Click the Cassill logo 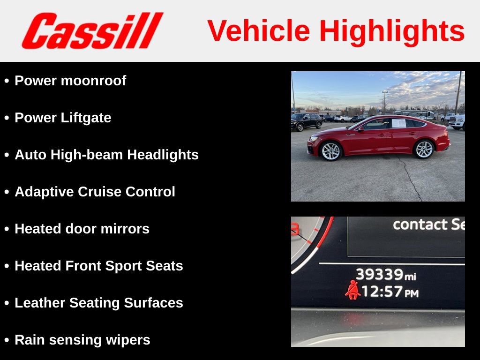coord(92,31)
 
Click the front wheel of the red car coord(331,151)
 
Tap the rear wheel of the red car coord(425,149)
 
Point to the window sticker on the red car coord(398,123)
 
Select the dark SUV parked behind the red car coord(306,121)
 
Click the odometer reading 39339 coord(380,274)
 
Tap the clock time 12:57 coord(382,292)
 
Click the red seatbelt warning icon coord(352,290)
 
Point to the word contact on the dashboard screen coord(420,225)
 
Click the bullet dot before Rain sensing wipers coord(7,340)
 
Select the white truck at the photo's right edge coord(457,122)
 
